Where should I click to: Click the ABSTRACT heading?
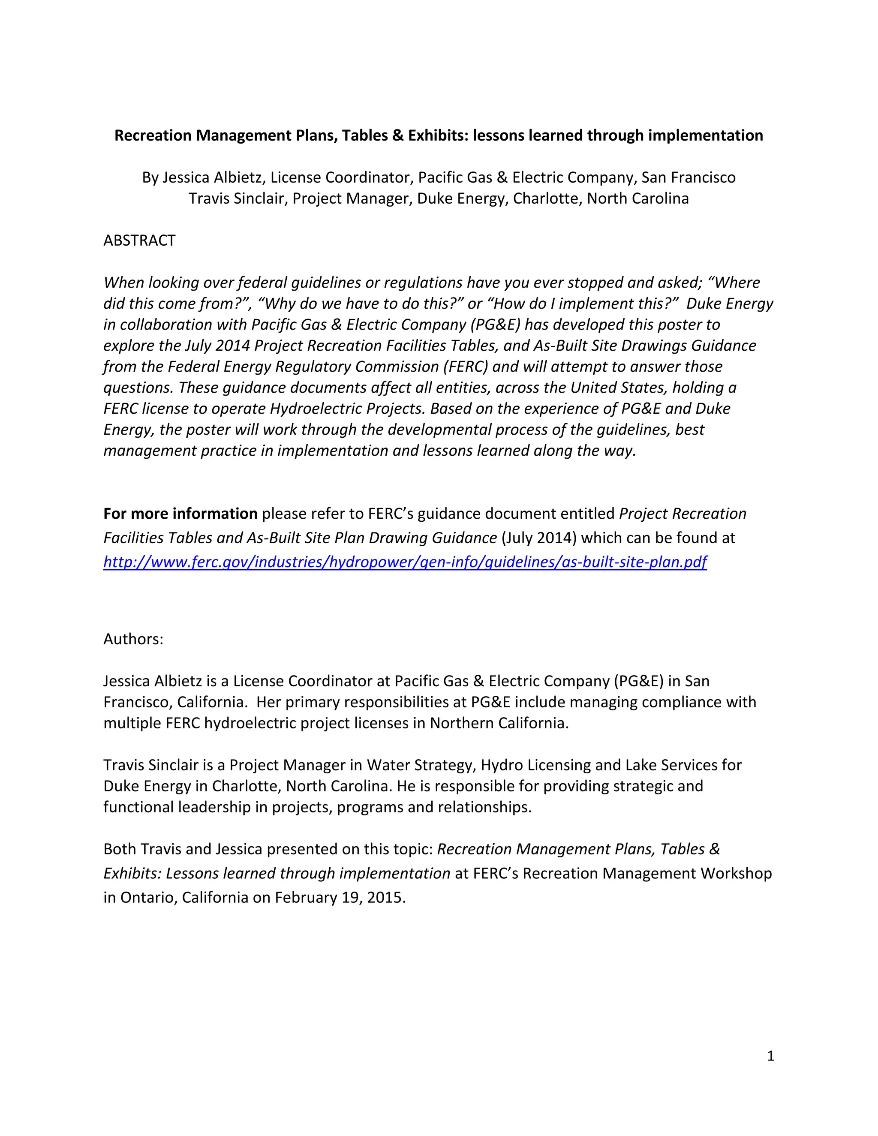139,240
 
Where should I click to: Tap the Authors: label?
133,639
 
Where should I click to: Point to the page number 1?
770,1055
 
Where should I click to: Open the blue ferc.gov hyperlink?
405,562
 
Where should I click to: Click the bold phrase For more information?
180,514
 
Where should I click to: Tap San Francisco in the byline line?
688,177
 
